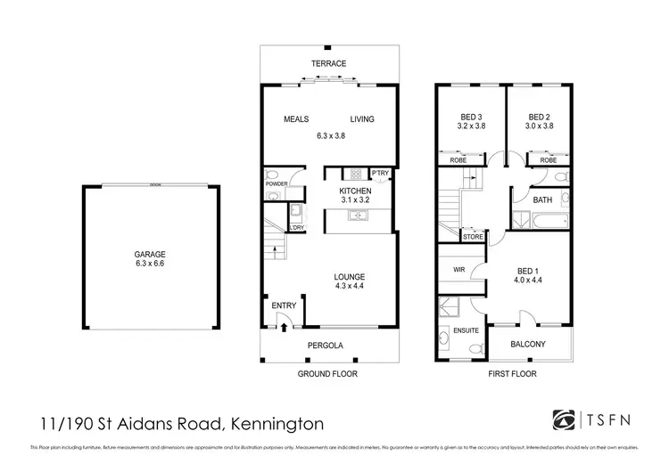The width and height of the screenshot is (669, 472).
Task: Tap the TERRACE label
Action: tap(328, 63)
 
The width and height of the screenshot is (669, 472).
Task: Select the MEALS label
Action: tap(296, 119)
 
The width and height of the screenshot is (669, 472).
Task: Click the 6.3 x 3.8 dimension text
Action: tap(330, 135)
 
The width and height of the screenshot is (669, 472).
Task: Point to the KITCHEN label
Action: tap(355, 191)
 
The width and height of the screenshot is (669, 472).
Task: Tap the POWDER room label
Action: tap(275, 184)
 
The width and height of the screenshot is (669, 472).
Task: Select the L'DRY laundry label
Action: tap(298, 227)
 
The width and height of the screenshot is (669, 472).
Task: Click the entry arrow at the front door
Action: tap(284, 327)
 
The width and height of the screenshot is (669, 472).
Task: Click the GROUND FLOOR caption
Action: tap(327, 375)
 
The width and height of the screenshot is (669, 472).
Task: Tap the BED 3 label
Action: tap(469, 116)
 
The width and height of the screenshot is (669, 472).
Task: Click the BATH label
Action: tap(542, 200)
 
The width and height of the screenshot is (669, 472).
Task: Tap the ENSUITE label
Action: tap(466, 331)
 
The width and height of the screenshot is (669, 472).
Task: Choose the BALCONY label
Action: tap(528, 345)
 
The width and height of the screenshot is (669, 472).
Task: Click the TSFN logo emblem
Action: tap(565, 419)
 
